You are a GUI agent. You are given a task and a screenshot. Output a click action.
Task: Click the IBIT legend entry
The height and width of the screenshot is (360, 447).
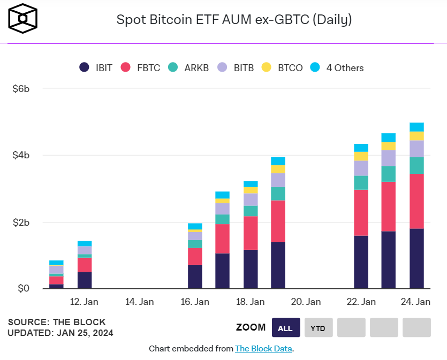96,68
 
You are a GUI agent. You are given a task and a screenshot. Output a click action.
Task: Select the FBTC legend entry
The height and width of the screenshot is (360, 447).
140,68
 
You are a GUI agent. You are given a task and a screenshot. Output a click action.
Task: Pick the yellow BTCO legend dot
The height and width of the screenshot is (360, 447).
266,67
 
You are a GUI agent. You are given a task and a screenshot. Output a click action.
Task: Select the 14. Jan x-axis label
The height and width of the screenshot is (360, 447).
139,302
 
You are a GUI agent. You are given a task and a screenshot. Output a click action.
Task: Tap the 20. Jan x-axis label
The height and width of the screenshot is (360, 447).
305,302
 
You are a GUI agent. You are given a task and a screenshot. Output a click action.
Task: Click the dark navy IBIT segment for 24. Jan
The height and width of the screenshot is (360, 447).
416,259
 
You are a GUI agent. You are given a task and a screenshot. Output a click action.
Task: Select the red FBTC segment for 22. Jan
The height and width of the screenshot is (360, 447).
361,213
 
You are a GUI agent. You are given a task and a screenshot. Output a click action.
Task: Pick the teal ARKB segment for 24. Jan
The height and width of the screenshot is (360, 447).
416,165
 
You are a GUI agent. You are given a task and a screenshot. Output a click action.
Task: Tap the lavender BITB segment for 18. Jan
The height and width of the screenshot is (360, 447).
251,200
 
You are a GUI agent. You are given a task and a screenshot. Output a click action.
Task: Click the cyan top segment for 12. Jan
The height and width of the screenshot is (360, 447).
85,243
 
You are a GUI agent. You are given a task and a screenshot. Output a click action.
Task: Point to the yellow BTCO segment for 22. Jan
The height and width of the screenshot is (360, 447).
361,156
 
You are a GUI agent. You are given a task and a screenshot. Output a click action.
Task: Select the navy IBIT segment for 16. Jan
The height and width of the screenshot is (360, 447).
195,277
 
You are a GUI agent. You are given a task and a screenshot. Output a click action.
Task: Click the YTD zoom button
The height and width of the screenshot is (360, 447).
318,328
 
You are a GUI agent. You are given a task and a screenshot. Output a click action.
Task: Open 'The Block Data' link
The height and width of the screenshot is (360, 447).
263,349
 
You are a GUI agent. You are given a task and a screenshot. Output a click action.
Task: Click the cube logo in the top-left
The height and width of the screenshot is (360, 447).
23,19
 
